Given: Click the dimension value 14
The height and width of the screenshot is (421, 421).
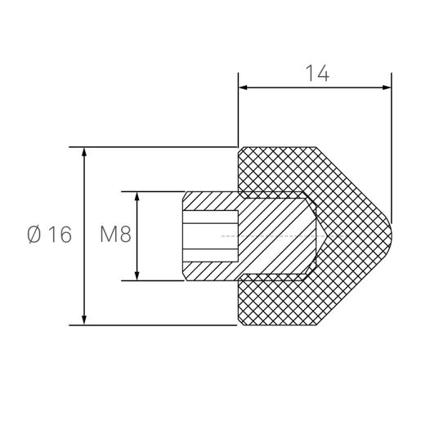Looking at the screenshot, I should tap(317, 73).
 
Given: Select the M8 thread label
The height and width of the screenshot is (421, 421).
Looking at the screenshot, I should tap(115, 235).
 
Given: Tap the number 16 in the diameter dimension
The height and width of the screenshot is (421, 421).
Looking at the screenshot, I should tap(59, 235).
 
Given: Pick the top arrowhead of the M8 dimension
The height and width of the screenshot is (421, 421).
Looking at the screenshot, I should tap(137, 197).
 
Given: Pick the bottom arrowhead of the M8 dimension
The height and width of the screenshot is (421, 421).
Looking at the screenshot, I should tap(137, 275).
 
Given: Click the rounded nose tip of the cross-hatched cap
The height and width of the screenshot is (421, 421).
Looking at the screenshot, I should tap(391, 235).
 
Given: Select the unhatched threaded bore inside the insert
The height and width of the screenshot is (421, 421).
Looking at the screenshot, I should tap(209, 235).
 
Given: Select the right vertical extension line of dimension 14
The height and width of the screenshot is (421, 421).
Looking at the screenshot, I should tap(392, 147).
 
